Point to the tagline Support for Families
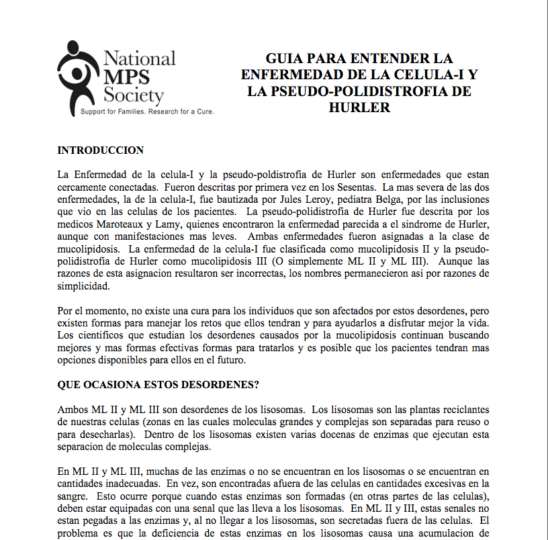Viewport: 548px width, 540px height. point(110,111)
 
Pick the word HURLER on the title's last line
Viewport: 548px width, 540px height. point(359,107)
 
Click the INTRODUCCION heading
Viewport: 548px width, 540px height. point(101,150)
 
